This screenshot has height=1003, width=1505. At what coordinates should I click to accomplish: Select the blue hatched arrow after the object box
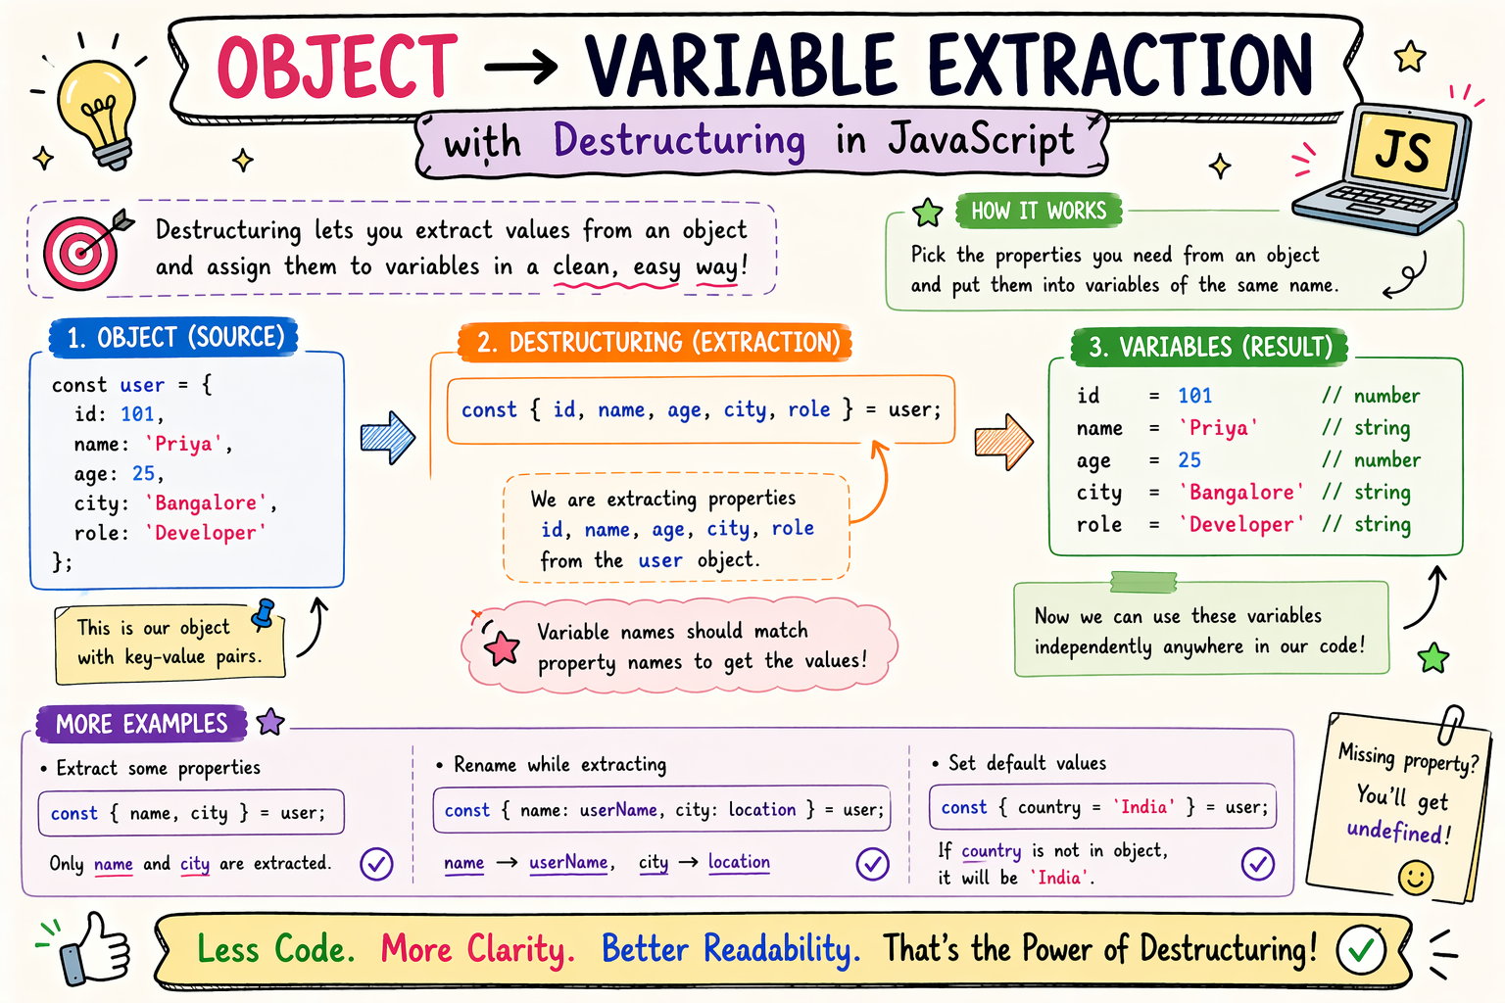tap(388, 437)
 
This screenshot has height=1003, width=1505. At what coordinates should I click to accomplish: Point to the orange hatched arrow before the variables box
tap(1003, 442)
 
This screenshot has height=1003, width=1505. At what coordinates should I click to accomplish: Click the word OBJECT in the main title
tap(337, 68)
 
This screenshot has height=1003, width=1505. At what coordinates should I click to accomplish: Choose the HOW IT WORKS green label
tap(1039, 211)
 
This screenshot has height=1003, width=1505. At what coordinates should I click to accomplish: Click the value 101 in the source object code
tap(138, 413)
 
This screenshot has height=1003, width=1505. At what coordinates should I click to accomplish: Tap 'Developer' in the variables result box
tap(1241, 524)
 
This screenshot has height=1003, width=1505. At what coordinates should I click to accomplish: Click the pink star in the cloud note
tap(502, 649)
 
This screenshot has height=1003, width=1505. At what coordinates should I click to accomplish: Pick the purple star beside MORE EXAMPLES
tap(270, 722)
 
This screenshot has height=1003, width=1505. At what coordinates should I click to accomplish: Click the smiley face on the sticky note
tap(1416, 878)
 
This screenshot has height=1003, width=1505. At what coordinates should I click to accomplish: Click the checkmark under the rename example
tap(873, 864)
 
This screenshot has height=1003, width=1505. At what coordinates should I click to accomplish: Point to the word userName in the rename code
tap(618, 809)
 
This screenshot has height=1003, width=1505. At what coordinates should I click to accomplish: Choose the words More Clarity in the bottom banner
tap(478, 949)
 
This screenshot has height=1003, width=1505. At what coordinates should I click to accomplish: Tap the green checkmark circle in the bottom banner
tap(1361, 949)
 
